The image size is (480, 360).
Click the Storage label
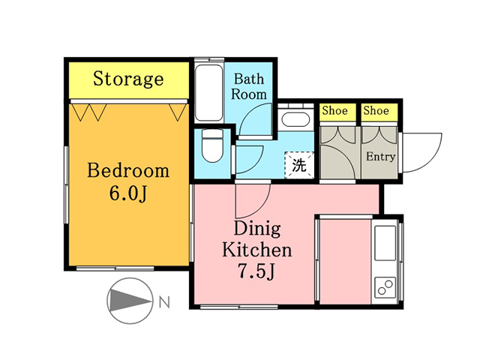click(x=128, y=79)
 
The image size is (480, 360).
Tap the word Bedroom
click(x=128, y=171)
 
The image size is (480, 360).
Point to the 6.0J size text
click(x=128, y=193)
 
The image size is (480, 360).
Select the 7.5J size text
click(x=256, y=271)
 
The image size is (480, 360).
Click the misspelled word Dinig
click(x=257, y=229)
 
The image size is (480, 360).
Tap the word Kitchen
click(x=256, y=250)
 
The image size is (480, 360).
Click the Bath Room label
click(x=248, y=87)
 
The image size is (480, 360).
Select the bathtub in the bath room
click(x=208, y=93)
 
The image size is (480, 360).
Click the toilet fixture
click(x=212, y=145)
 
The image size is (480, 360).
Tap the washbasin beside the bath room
click(x=295, y=118)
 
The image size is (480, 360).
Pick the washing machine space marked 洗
click(x=299, y=165)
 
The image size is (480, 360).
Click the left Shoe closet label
click(x=335, y=110)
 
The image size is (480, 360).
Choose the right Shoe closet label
click(x=376, y=110)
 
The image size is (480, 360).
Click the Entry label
click(x=381, y=157)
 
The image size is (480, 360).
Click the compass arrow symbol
click(x=130, y=301)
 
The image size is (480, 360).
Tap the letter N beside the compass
click(x=164, y=303)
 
